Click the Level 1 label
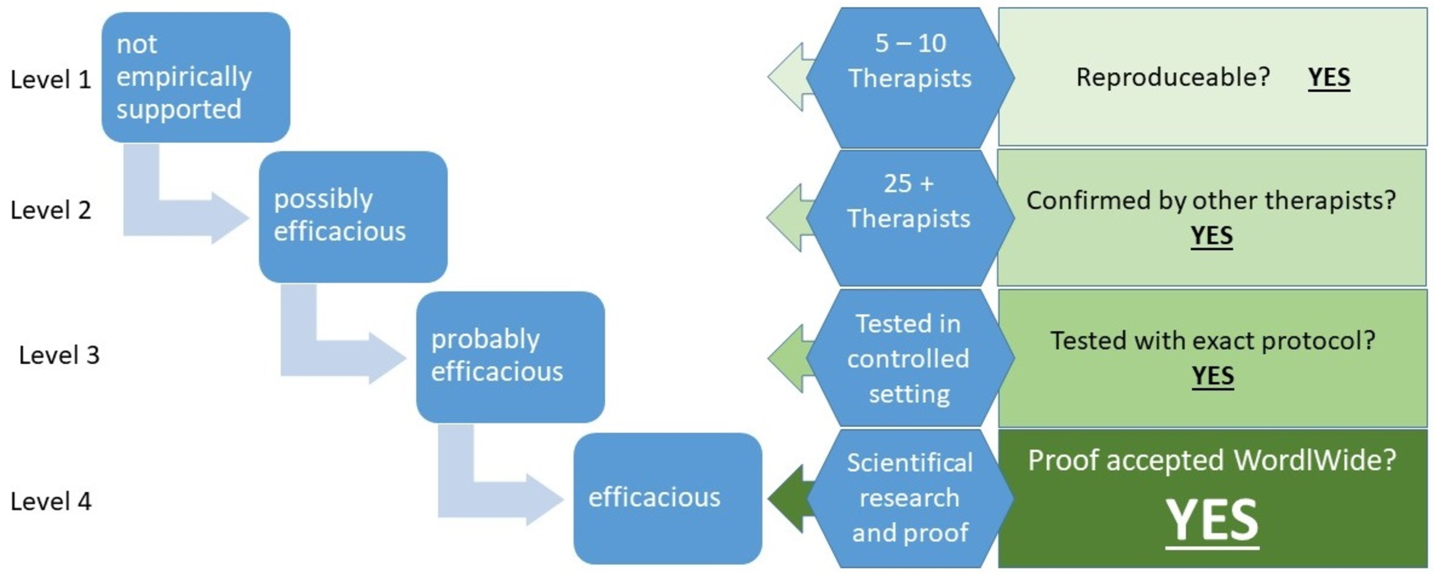[x=51, y=80]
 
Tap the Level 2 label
[x=51, y=210]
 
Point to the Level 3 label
[x=59, y=355]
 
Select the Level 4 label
[x=51, y=502]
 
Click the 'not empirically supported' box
[x=196, y=77]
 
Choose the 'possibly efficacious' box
[x=353, y=216]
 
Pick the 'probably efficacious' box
[x=510, y=357]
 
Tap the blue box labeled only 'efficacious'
[x=667, y=498]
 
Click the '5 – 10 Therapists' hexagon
[x=910, y=77]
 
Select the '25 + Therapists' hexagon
[x=909, y=218]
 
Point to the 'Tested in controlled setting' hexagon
[x=909, y=358]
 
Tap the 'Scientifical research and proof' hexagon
[x=910, y=498]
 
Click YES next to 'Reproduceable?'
[x=1329, y=78]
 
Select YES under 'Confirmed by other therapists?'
[x=1211, y=236]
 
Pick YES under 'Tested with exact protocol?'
[x=1213, y=376]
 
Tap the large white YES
[x=1212, y=520]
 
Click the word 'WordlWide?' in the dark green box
[x=1315, y=460]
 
